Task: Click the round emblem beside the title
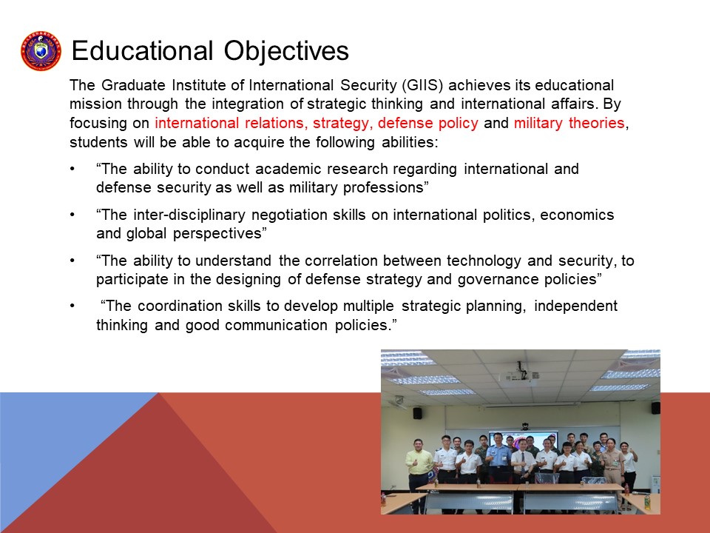click(x=41, y=51)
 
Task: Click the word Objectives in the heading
click(x=286, y=50)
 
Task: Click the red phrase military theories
click(x=569, y=123)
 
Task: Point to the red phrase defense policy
click(x=428, y=123)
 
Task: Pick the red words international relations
click(x=229, y=123)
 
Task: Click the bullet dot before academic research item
click(x=72, y=169)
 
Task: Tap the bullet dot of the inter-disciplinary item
click(x=72, y=215)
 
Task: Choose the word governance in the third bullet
click(x=498, y=280)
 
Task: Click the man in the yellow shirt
click(x=419, y=474)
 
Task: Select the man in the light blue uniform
click(x=498, y=457)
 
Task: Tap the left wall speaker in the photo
click(x=417, y=413)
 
